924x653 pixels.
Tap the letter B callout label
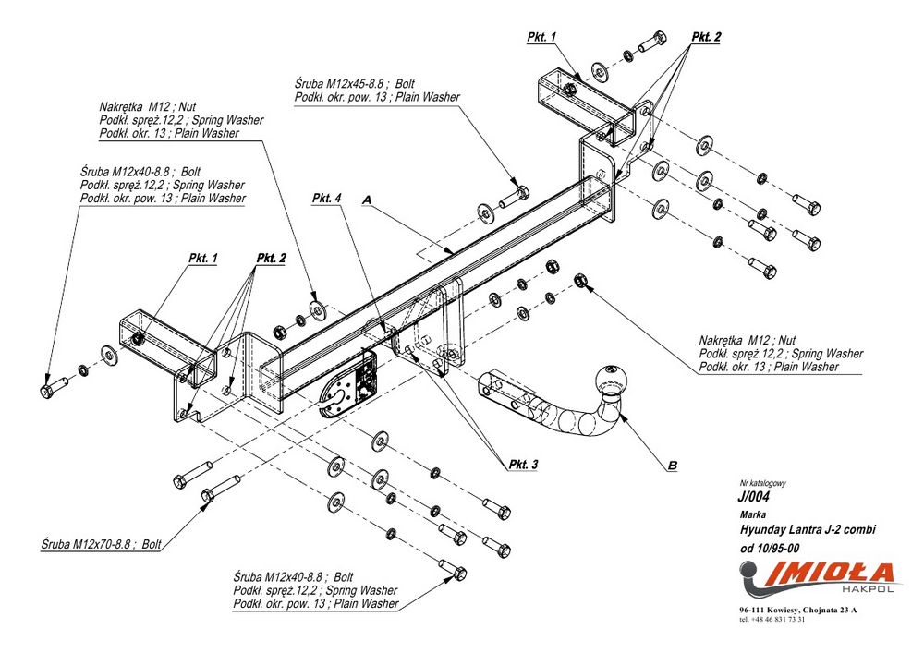click(673, 466)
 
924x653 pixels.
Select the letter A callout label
click(367, 200)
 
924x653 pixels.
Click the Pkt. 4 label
click(326, 199)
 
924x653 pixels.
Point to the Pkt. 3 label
click(523, 465)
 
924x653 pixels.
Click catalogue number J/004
click(754, 496)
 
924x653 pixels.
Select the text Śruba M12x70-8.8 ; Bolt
click(102, 544)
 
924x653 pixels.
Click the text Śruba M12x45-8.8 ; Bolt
click(356, 84)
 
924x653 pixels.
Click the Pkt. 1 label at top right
click(541, 37)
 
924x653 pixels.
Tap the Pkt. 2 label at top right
click(706, 37)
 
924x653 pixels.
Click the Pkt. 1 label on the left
click(203, 258)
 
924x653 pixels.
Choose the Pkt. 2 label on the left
click(271, 258)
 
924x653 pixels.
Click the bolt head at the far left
click(47, 393)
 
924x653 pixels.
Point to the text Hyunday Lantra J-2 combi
click(808, 529)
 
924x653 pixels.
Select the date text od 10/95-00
click(770, 549)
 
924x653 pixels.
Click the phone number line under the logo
click(772, 619)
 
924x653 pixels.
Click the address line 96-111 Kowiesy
click(798, 610)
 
